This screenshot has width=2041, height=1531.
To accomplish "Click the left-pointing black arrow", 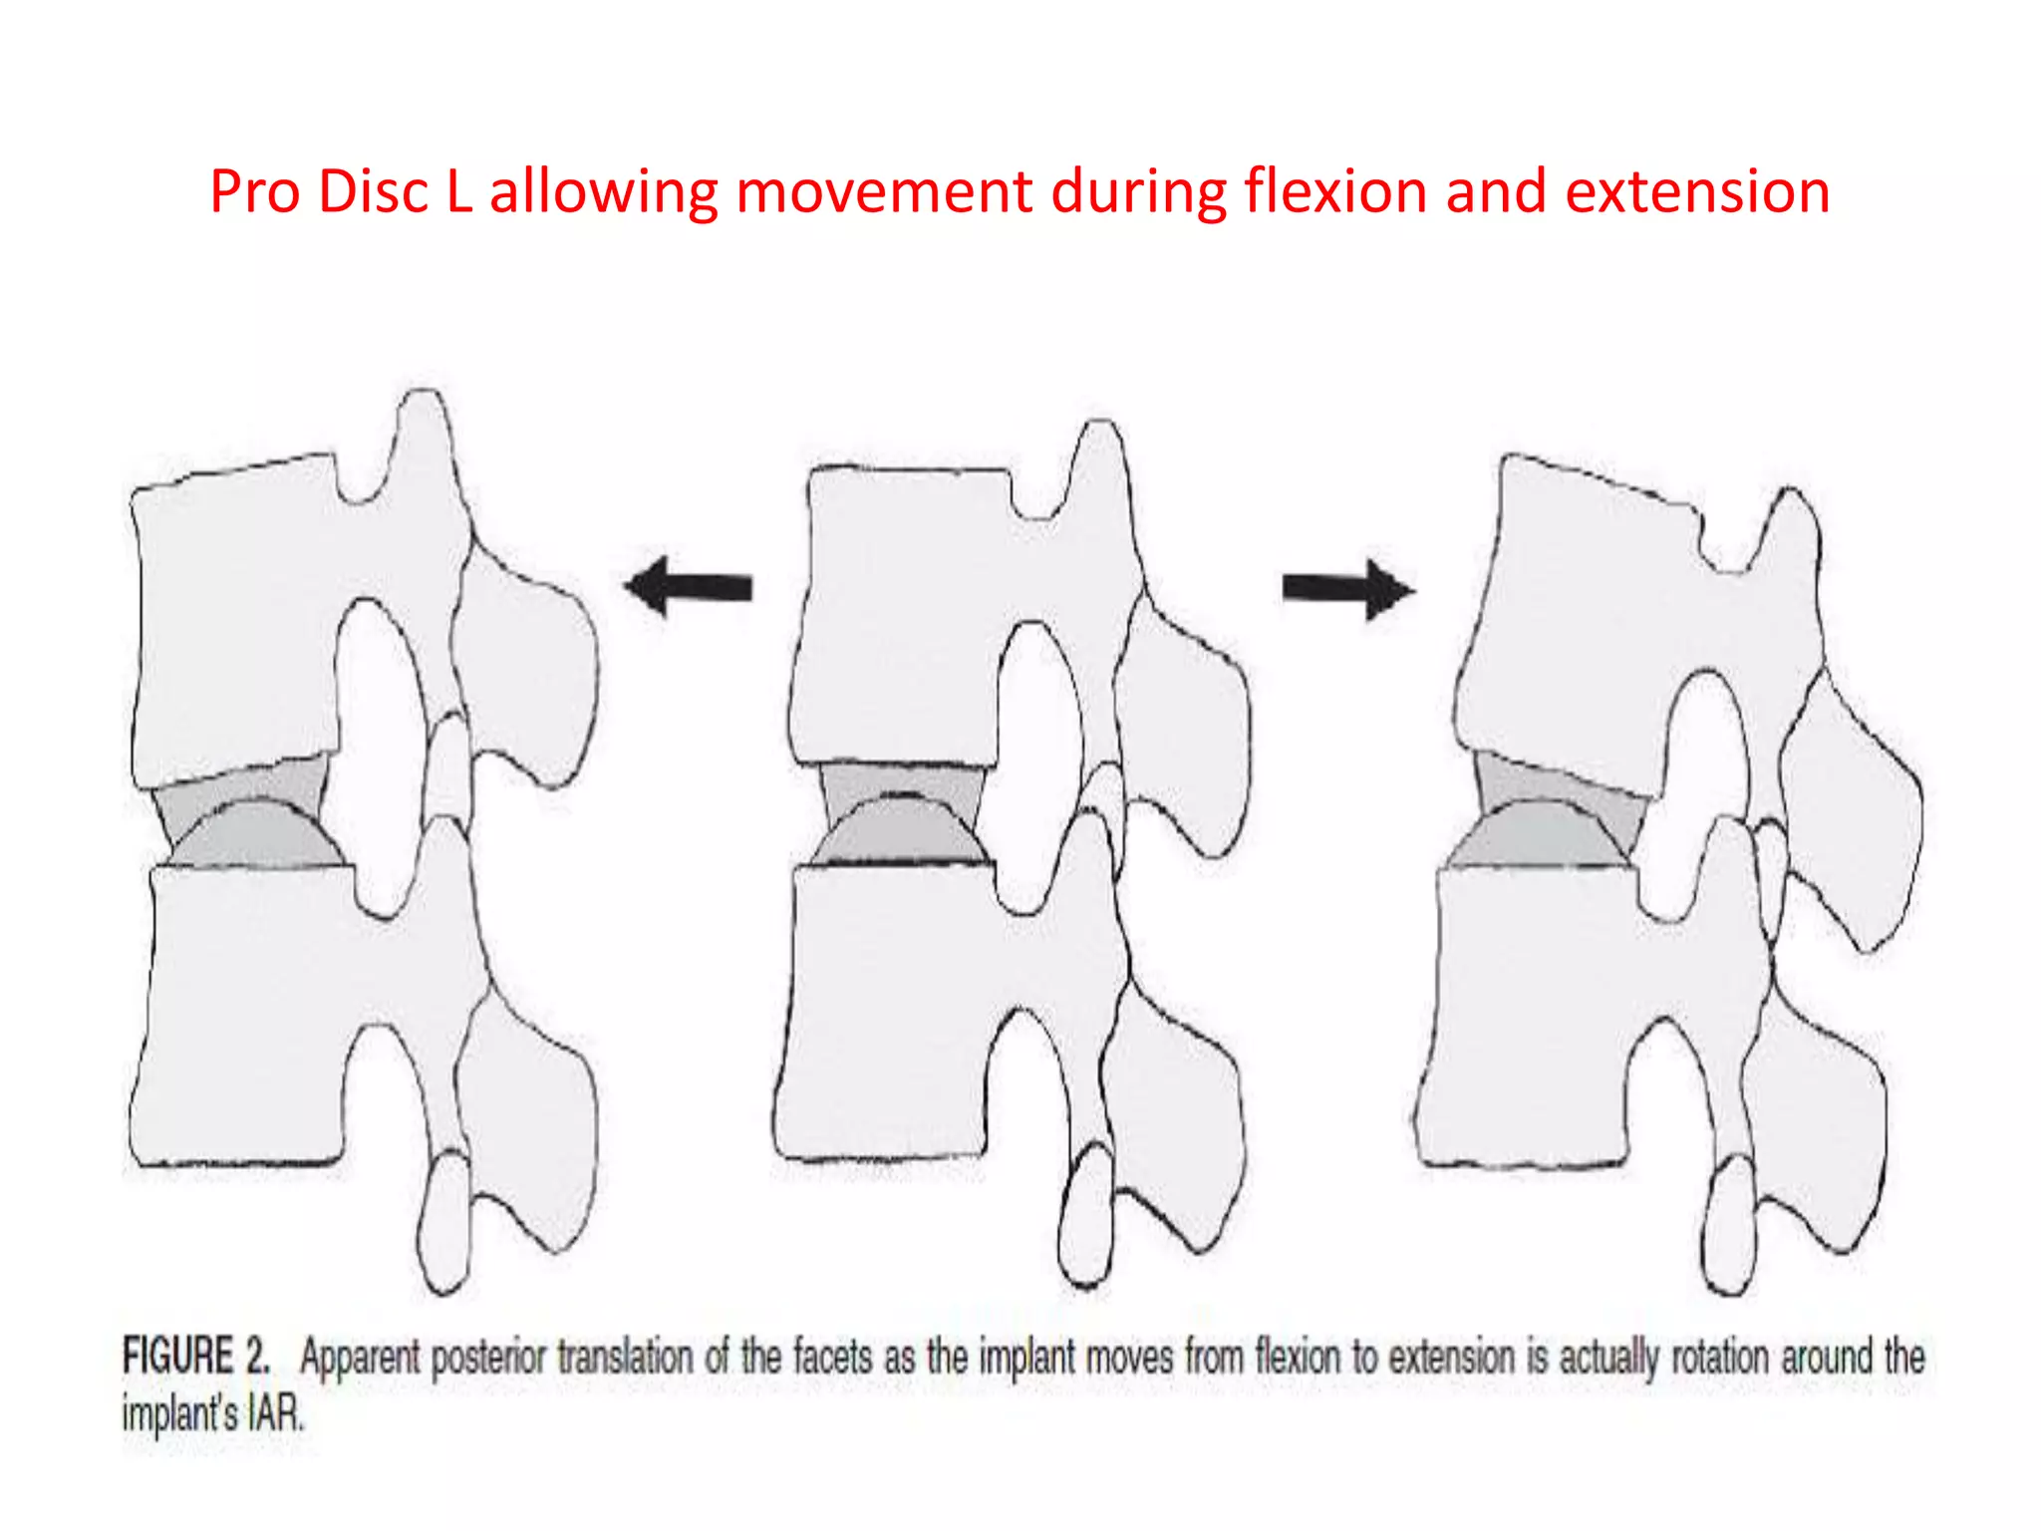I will [x=688, y=587].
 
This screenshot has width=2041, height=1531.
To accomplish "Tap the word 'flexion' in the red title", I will [x=1335, y=191].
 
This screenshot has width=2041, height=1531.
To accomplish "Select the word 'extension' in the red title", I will [x=1697, y=191].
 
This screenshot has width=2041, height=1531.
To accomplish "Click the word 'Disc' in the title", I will [x=373, y=191].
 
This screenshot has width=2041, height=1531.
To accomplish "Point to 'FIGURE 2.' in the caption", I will [x=195, y=1357].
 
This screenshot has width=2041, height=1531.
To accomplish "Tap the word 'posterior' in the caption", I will [x=488, y=1358].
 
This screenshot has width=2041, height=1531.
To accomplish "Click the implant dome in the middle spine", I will [x=903, y=832].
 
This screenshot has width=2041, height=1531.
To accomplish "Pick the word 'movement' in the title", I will [x=883, y=191].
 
